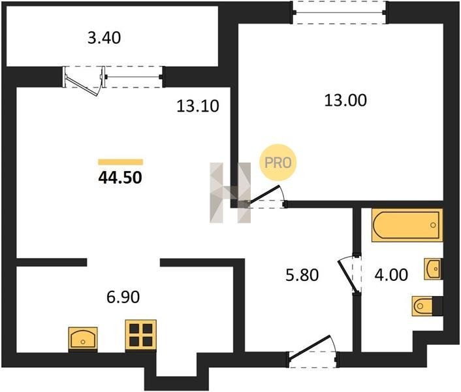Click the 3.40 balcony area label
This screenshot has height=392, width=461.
click(x=104, y=39)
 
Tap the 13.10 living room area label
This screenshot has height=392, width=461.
click(x=198, y=106)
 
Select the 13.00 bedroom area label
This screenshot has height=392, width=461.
click(x=345, y=100)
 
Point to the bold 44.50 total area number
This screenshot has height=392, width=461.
click(x=120, y=178)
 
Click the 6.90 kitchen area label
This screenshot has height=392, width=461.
click(x=123, y=297)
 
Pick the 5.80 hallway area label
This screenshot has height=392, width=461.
click(x=302, y=275)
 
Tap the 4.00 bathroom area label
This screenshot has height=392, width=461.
click(x=391, y=275)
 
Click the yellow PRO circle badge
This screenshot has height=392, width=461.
click(x=278, y=162)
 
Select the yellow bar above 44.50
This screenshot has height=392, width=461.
click(x=121, y=162)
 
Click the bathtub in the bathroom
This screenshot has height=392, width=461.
click(x=407, y=225)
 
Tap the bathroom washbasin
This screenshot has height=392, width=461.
click(x=433, y=269)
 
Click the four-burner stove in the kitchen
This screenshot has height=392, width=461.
click(x=141, y=335)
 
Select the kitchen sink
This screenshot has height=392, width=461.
click(x=83, y=338)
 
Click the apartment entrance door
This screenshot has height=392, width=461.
click(x=313, y=351)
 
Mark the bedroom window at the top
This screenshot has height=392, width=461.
click(x=340, y=12)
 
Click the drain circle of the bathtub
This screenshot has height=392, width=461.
click(x=433, y=225)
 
